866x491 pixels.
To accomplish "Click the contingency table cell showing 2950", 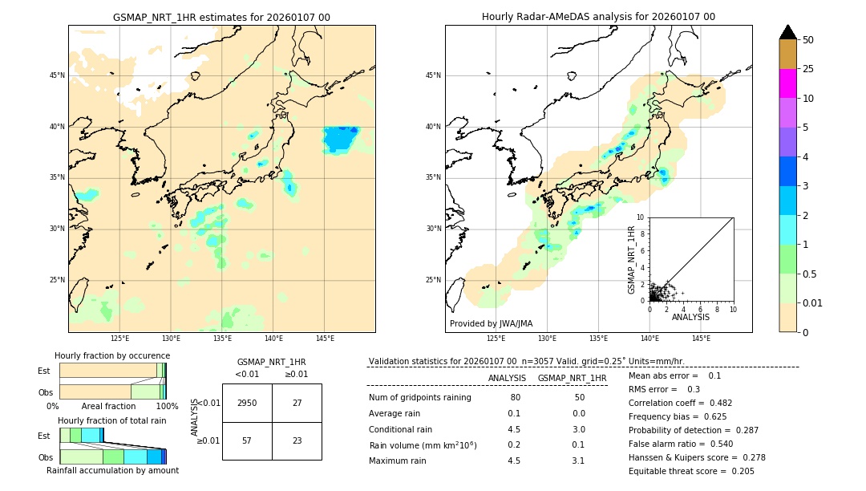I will (246, 403).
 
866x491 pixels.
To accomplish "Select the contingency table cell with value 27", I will (297, 403).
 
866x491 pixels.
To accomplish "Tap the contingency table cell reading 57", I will (246, 440).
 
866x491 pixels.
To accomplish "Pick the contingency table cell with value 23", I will (297, 440).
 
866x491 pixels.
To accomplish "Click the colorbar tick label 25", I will (808, 69).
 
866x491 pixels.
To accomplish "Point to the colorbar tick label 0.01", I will (813, 303).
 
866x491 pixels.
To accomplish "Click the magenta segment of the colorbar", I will (787, 83).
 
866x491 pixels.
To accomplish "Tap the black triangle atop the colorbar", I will (787, 32).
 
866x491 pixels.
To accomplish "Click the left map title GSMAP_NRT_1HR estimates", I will (221, 18).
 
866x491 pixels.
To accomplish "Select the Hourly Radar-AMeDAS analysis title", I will (598, 17).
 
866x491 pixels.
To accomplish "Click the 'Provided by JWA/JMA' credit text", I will (491, 324).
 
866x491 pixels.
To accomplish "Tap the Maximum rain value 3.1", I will (578, 461).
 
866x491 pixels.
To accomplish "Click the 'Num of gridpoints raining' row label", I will (419, 398).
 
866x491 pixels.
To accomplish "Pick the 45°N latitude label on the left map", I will (57, 75).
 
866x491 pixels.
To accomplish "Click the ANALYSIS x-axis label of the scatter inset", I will (690, 318).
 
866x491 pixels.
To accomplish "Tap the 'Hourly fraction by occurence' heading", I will (112, 356).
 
